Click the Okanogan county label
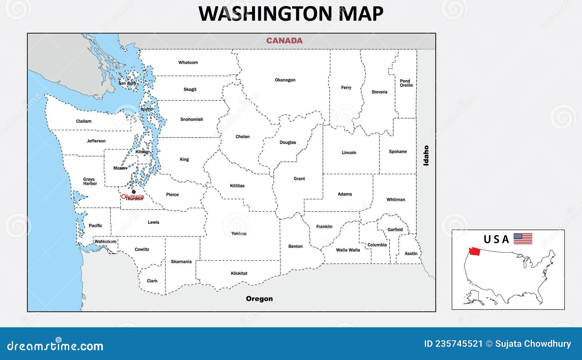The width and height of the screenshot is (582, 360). (285, 80)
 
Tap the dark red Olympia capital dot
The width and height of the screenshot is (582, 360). (133, 192)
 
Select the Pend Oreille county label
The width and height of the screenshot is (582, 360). (406, 83)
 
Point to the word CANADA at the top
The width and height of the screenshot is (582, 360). (284, 40)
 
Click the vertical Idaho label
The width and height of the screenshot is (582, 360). (426, 156)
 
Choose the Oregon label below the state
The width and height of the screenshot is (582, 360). (259, 299)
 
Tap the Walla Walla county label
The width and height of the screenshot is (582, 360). (348, 250)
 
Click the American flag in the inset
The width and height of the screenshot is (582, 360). (523, 239)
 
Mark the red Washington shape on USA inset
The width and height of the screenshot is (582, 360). (474, 251)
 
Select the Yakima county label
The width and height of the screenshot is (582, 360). (239, 233)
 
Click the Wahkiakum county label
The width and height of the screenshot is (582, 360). (105, 241)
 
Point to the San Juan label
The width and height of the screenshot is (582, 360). (127, 83)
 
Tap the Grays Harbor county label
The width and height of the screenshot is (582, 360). (89, 181)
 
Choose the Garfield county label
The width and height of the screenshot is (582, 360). (395, 229)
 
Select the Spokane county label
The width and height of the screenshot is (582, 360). (397, 151)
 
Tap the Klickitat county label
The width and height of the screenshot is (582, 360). (239, 273)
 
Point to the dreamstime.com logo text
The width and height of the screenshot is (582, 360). (55, 345)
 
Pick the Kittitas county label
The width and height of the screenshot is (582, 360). (237, 185)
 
